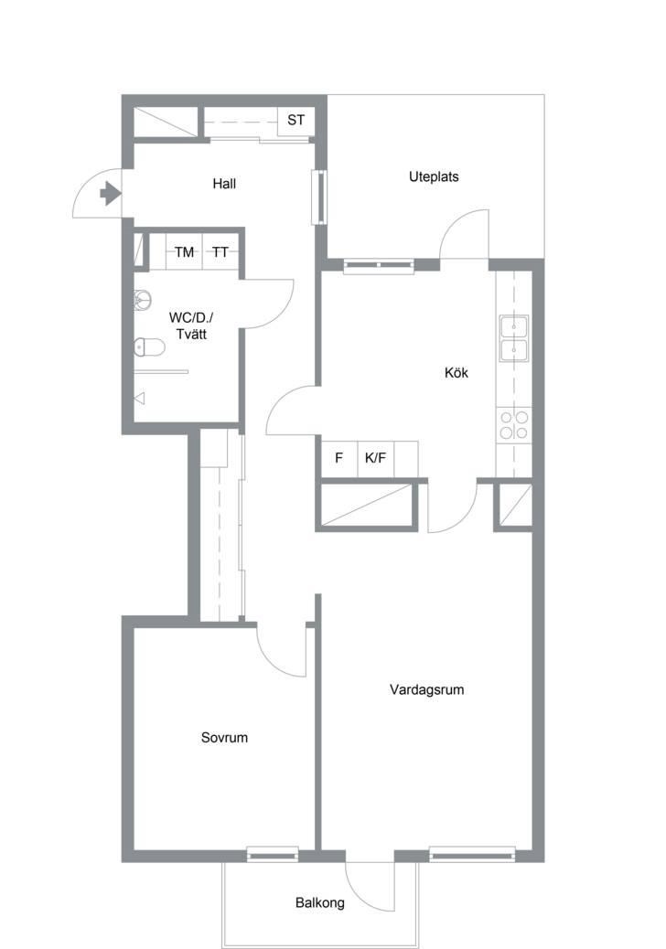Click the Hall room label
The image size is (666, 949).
click(224, 184)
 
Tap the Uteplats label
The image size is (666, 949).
click(434, 176)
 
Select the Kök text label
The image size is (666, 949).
click(456, 372)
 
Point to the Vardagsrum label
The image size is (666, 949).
click(427, 689)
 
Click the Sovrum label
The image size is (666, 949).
click(224, 737)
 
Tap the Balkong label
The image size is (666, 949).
click(319, 903)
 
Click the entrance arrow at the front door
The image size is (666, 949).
click(110, 194)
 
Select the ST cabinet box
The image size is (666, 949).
click(295, 121)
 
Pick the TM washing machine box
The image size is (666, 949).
click(184, 251)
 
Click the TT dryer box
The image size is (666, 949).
click(220, 251)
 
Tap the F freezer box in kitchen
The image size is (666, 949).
click(339, 458)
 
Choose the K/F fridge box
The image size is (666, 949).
click(375, 458)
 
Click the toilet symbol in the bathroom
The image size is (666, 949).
click(149, 347)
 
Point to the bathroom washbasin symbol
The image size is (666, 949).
click(143, 299)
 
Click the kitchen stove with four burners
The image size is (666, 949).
click(513, 424)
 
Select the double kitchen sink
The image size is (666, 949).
click(513, 338)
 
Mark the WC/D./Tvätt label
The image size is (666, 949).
click(190, 325)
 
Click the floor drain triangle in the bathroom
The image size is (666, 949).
click(140, 399)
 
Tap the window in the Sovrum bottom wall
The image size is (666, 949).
click(273, 854)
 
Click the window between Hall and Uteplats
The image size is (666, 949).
click(319, 197)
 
